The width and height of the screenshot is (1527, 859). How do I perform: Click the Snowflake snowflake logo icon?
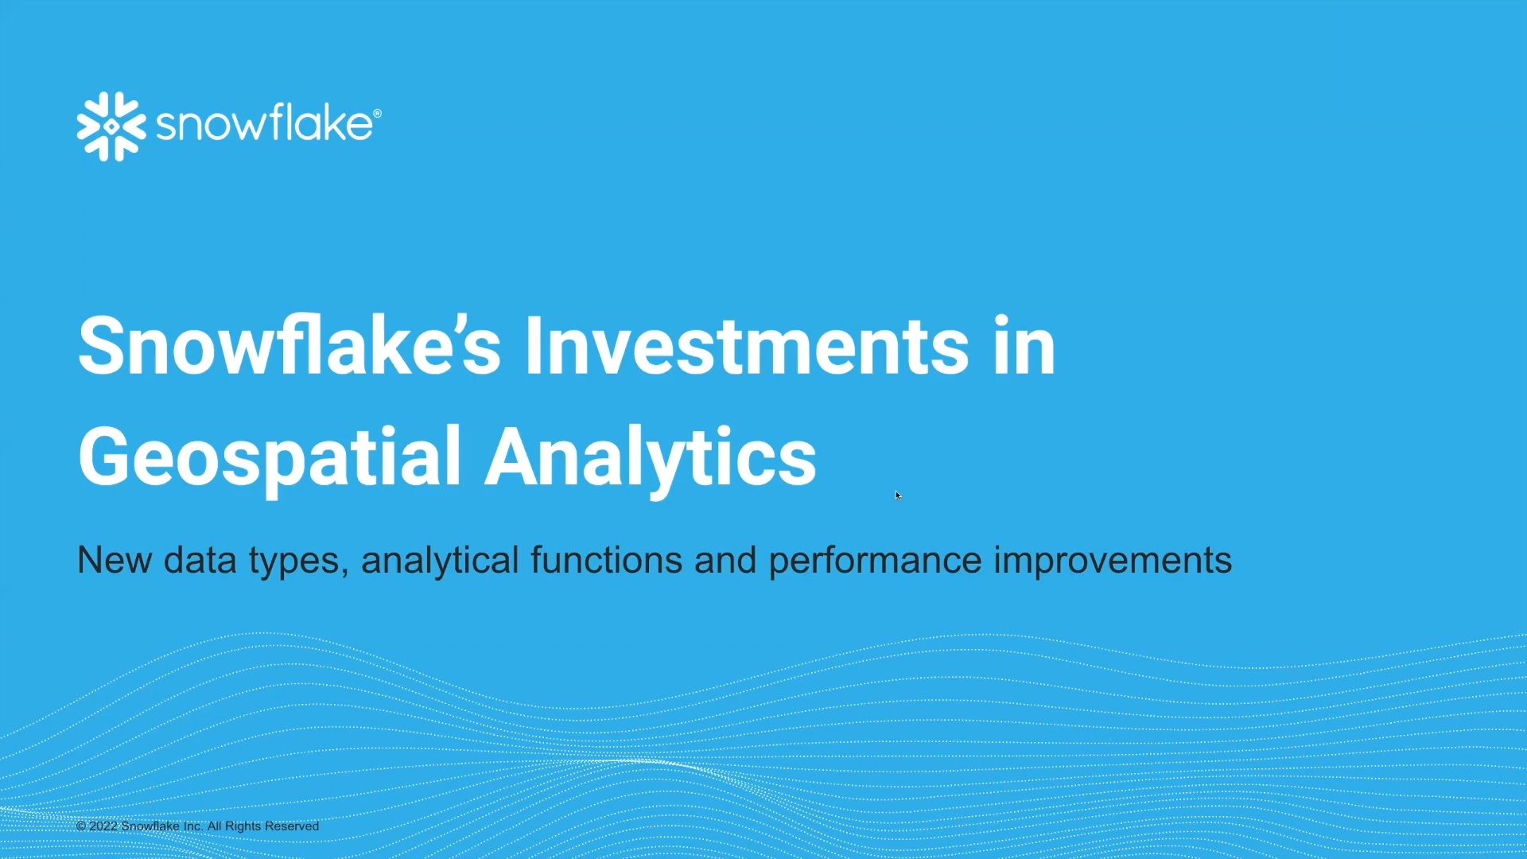pyautogui.click(x=111, y=126)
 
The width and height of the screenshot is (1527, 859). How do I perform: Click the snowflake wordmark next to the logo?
pyautogui.click(x=264, y=123)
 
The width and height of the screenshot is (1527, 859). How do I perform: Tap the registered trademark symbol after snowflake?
pyautogui.click(x=377, y=114)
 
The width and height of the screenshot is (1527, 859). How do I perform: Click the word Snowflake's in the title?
pyautogui.click(x=289, y=345)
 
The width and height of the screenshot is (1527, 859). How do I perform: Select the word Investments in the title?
pyautogui.click(x=747, y=345)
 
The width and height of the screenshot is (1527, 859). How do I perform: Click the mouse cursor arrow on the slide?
pyautogui.click(x=898, y=496)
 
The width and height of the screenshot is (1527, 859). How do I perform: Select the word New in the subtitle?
pyautogui.click(x=115, y=560)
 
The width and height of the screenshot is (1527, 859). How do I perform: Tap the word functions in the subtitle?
pyautogui.click(x=607, y=560)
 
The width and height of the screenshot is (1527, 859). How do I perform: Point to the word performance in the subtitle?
pyautogui.click(x=876, y=562)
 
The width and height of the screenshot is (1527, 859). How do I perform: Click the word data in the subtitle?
pyautogui.click(x=200, y=560)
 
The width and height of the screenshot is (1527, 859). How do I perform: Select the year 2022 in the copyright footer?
pyautogui.click(x=103, y=826)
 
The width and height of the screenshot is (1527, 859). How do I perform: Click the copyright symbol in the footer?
pyautogui.click(x=81, y=826)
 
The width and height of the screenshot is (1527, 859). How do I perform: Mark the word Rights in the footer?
pyautogui.click(x=243, y=826)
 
